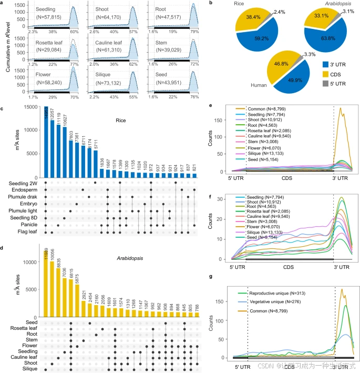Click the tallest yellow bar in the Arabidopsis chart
click(46, 284)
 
